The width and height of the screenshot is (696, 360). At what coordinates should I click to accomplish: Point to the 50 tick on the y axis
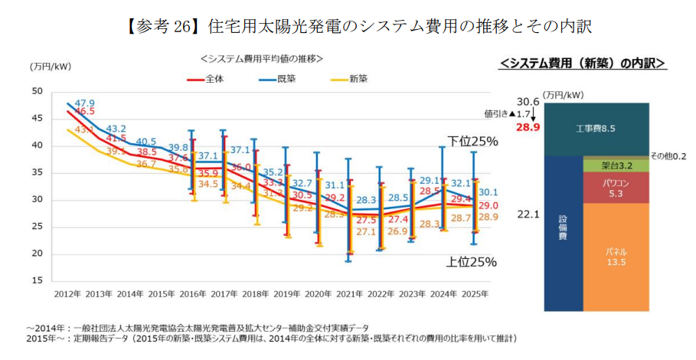pyautogui.click(x=37, y=91)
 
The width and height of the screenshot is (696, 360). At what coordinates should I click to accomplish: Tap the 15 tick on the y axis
pyautogui.click(x=37, y=281)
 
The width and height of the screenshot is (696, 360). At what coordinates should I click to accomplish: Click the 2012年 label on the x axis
pyautogui.click(x=67, y=294)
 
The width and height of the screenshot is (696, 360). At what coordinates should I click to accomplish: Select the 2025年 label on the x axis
pyautogui.click(x=475, y=294)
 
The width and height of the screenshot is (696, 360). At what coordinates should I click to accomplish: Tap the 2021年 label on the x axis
pyautogui.click(x=350, y=294)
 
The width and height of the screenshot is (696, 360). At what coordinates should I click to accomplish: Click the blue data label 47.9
pyautogui.click(x=84, y=103)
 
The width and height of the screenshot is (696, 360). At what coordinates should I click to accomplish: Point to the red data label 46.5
pyautogui.click(x=84, y=112)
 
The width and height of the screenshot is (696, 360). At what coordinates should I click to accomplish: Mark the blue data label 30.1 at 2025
pyautogui.click(x=489, y=192)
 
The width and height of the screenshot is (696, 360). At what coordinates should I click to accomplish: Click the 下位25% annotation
pyautogui.click(x=472, y=142)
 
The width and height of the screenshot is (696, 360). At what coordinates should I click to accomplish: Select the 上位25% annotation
pyautogui.click(x=472, y=262)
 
